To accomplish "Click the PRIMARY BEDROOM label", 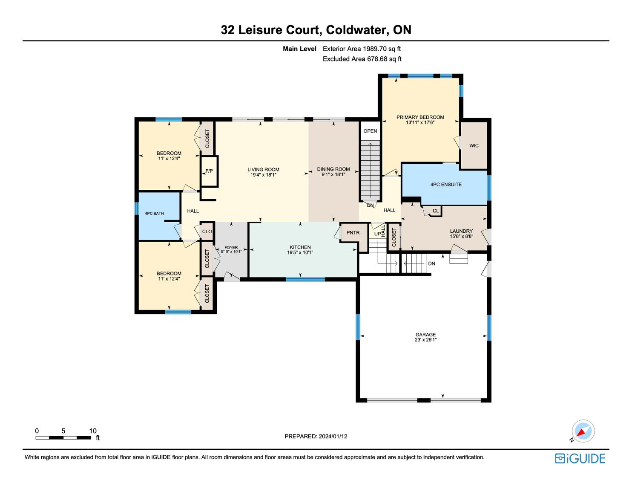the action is click(420, 117).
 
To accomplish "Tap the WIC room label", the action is click(474, 146).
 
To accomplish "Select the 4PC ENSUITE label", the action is click(446, 185).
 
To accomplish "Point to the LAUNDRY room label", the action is click(461, 231).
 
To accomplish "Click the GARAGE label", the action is click(425, 335).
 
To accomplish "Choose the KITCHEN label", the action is click(300, 247).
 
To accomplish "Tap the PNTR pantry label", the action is click(353, 233).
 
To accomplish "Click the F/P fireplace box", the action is click(209, 171).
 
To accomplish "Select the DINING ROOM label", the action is click(333, 169).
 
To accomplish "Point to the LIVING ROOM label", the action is click(264, 170).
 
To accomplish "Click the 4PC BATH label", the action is click(154, 214).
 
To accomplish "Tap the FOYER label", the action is click(231, 248).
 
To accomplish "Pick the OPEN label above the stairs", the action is click(370, 131).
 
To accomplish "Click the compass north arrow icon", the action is click(583, 431).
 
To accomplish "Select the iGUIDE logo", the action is click(580, 458).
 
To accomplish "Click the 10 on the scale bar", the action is click(93, 431).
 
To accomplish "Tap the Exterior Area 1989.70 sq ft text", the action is click(362, 49).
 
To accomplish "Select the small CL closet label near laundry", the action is click(436, 211).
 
